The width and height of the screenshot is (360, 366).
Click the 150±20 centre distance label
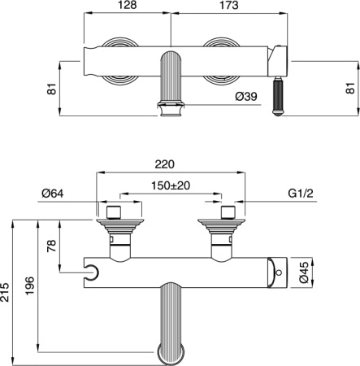click(170, 185)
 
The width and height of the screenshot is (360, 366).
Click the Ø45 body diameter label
click(303, 270)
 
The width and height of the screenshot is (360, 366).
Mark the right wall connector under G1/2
click(222, 232)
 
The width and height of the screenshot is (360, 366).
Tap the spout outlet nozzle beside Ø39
click(171, 107)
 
